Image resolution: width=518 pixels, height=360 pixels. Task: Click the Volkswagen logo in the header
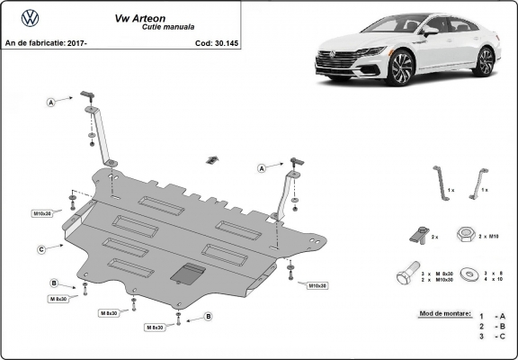[29, 17]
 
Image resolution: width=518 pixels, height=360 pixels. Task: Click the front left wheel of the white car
[402, 69]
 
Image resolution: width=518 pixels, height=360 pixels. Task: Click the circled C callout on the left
[42, 249]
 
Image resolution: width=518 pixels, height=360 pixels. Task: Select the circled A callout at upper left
[52, 103]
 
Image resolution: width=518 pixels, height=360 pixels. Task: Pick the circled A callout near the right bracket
[262, 168]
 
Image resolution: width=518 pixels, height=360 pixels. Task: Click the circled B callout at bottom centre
[208, 316]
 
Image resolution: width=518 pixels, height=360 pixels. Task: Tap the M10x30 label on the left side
[43, 214]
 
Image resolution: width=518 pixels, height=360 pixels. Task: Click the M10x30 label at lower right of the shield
[317, 285]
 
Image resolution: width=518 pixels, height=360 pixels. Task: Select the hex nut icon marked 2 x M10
[466, 234]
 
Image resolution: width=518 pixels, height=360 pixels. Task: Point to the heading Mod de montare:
[444, 314]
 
